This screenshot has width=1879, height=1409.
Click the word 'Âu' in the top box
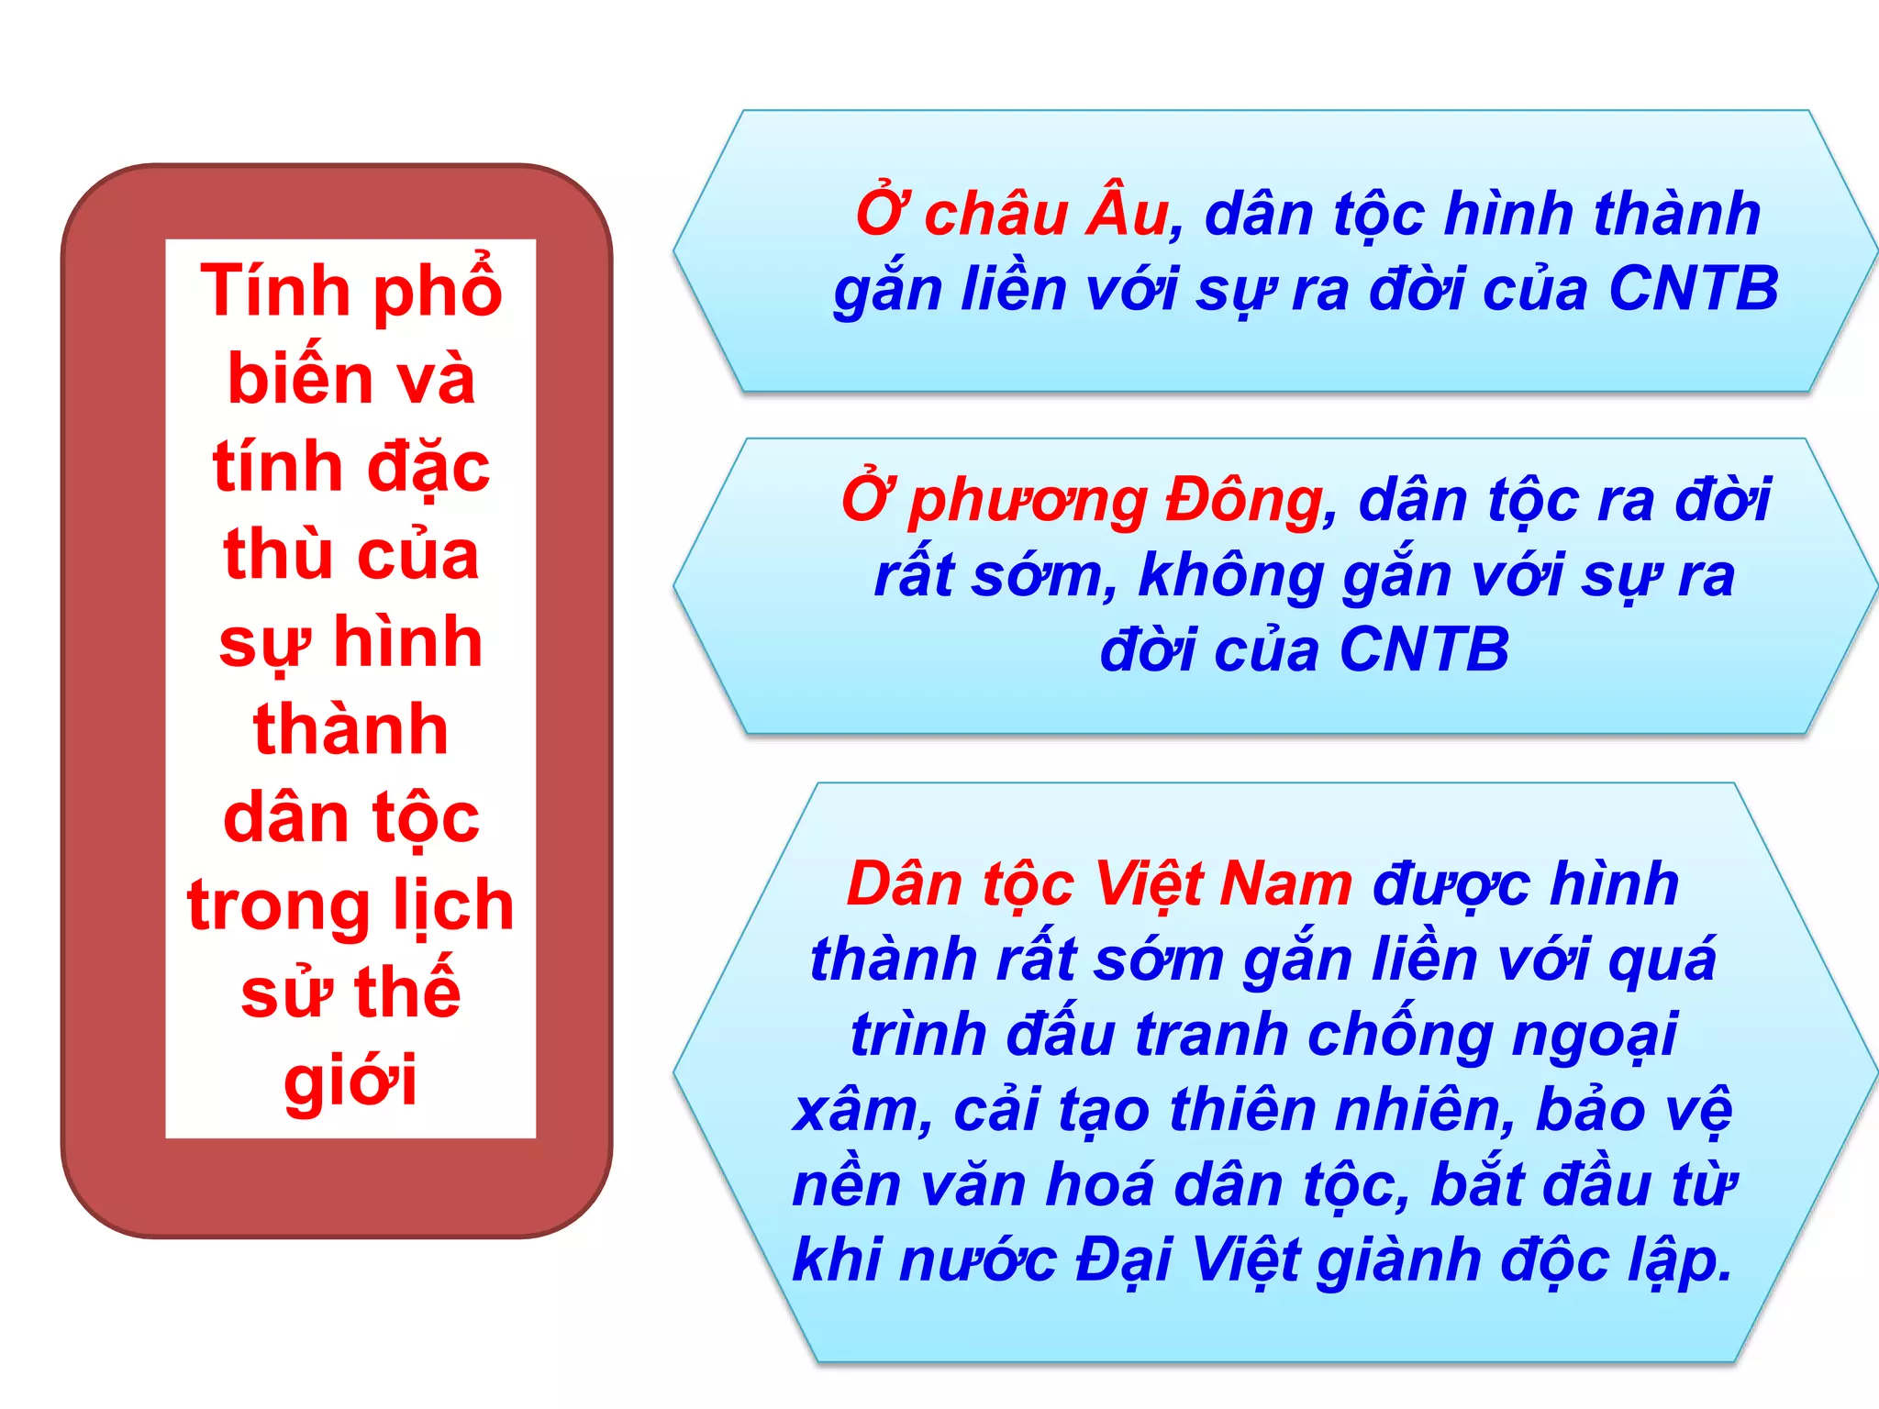(x=1127, y=213)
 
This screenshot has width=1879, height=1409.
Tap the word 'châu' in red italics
(x=996, y=215)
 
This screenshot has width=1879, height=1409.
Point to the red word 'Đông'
(x=1244, y=501)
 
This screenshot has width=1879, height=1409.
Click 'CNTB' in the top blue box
(x=1694, y=289)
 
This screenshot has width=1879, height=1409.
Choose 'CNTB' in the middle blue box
(x=1424, y=650)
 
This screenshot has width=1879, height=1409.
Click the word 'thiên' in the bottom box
(x=1244, y=1109)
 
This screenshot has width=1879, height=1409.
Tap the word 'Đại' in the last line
(x=1125, y=1260)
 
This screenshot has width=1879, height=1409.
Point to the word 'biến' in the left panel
(x=288, y=379)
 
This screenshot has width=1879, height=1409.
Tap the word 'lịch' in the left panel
(x=453, y=906)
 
